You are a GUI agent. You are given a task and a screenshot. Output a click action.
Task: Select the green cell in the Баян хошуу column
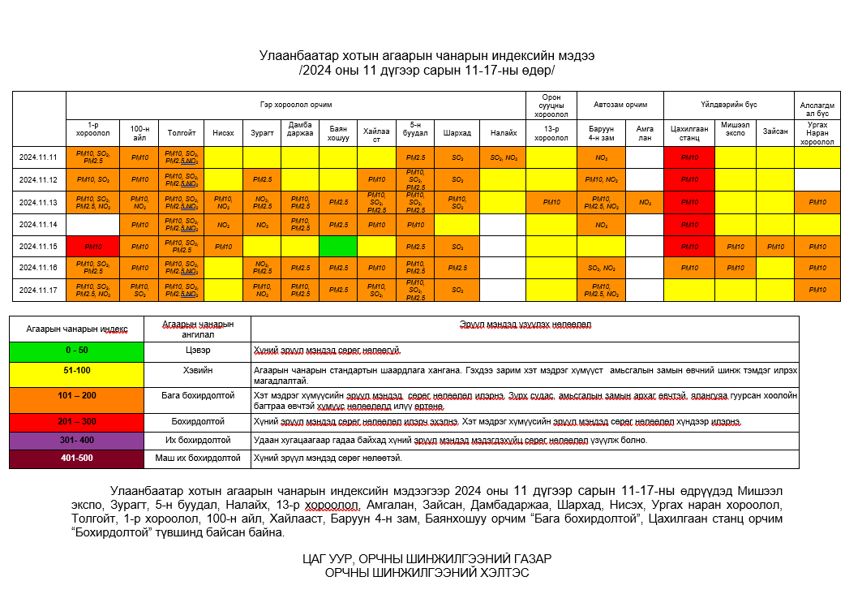tap(339, 246)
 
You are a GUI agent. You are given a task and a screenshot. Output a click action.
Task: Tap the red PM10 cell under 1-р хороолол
tap(93, 246)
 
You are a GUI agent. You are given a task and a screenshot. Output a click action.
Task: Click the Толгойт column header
tap(181, 132)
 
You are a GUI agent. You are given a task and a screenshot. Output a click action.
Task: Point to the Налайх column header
tap(503, 132)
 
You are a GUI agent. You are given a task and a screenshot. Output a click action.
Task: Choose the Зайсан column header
tap(774, 132)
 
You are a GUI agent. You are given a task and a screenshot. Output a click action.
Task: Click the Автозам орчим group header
tap(620, 105)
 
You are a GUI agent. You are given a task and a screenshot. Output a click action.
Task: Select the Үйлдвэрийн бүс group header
tap(728, 105)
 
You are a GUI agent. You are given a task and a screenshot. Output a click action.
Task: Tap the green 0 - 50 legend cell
tap(77, 351)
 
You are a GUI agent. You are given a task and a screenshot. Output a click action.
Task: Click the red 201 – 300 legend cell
tap(77, 422)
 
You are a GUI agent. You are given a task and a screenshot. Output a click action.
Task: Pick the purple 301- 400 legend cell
tap(77, 440)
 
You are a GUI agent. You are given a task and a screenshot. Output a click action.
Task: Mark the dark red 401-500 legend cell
tap(77, 458)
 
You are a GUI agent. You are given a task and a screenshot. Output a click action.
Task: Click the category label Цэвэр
tap(197, 351)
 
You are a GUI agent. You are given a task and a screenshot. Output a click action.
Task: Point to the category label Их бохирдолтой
tap(197, 440)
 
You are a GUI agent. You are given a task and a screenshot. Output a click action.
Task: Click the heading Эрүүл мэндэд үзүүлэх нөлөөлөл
tap(525, 325)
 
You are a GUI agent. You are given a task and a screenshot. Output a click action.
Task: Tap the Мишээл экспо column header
tap(735, 132)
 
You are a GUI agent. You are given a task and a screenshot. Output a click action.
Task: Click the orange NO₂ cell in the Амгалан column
tap(645, 202)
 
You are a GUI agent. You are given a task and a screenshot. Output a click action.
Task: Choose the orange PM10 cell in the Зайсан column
tap(774, 246)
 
